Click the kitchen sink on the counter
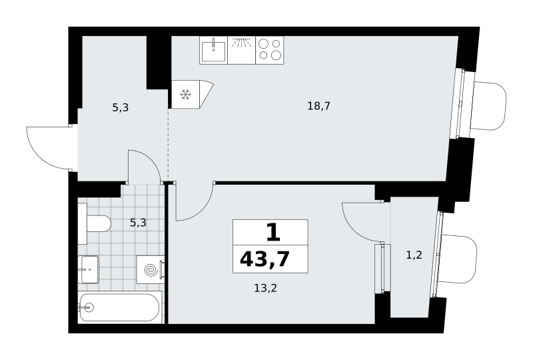[213, 51]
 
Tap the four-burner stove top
[270, 50]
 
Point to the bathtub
[119, 307]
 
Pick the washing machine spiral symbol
[151, 270]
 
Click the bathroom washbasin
[89, 269]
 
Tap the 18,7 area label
[319, 106]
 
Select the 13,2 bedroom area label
[265, 289]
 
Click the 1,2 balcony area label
[414, 255]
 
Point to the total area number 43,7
[265, 259]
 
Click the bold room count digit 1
[273, 233]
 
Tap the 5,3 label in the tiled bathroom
[138, 223]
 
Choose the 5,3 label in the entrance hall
[121, 108]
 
